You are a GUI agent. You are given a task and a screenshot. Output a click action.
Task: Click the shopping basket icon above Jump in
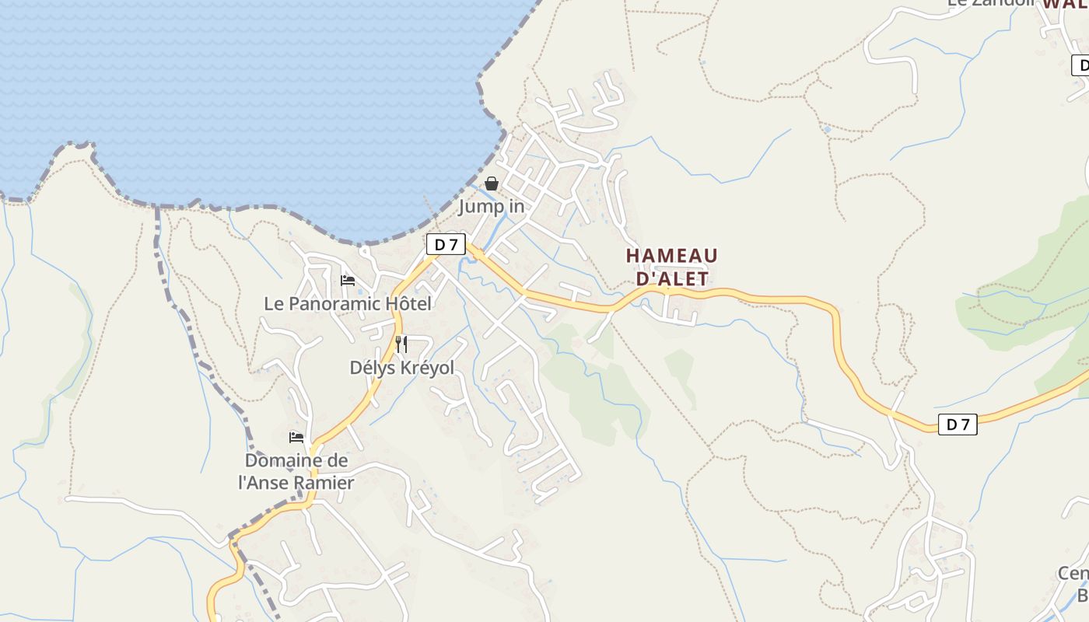coord(492,184)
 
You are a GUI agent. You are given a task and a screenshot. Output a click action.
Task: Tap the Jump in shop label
coord(492,207)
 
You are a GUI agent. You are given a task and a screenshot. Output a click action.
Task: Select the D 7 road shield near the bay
coord(446,244)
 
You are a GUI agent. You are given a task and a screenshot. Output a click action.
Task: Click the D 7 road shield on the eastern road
coord(958,425)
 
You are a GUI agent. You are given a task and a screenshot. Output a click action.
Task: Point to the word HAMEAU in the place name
coord(671,256)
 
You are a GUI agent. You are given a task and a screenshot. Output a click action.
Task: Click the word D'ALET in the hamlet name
coord(672,278)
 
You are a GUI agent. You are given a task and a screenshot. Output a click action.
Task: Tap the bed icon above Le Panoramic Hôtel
coord(348,281)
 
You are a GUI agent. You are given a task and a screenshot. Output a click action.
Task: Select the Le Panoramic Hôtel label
coord(347,304)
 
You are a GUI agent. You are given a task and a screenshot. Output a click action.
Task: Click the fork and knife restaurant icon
coord(401,344)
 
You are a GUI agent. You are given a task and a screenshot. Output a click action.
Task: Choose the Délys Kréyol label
coord(401,368)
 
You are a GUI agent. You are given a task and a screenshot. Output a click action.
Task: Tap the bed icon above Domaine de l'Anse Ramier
coord(296,438)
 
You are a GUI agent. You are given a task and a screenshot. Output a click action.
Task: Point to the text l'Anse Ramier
coord(296,483)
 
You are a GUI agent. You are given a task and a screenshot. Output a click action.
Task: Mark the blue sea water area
coord(233,93)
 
